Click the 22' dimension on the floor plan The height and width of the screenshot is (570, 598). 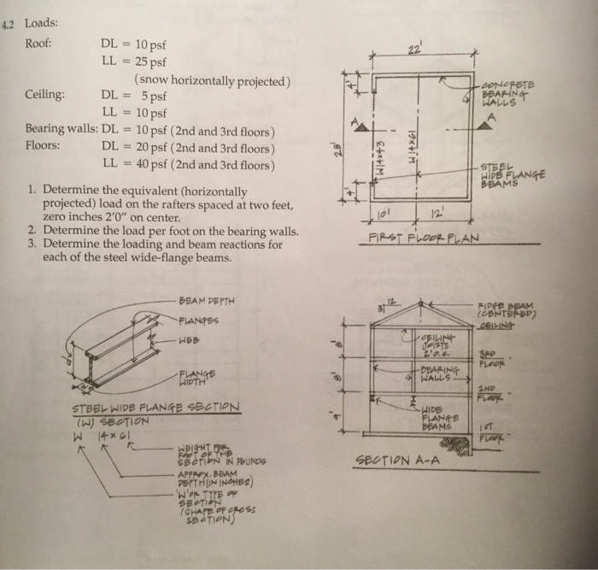pyautogui.click(x=416, y=48)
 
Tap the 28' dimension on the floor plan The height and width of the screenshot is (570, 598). pyautogui.click(x=339, y=150)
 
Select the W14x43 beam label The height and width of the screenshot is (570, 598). pyautogui.click(x=383, y=151)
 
